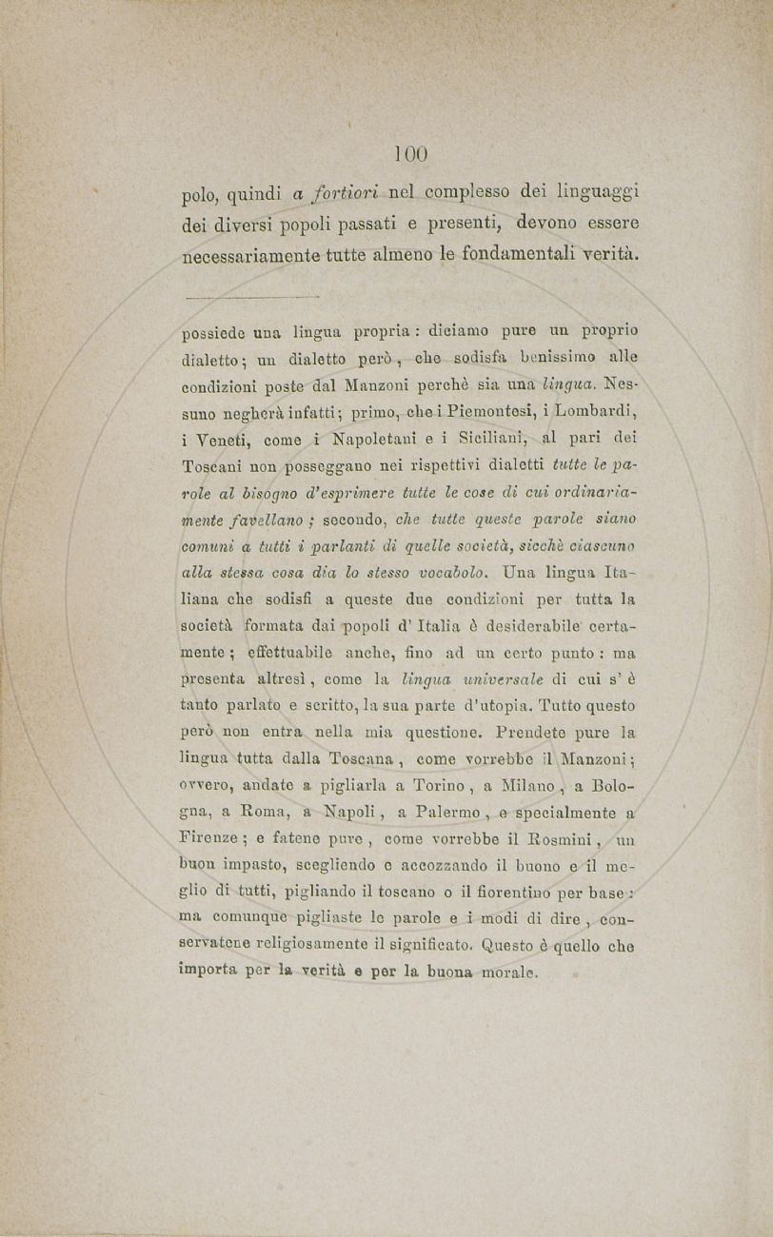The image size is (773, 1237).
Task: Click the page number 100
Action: point(411,153)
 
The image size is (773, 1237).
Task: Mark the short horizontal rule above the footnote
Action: point(249,297)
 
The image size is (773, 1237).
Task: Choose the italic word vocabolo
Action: point(446,574)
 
